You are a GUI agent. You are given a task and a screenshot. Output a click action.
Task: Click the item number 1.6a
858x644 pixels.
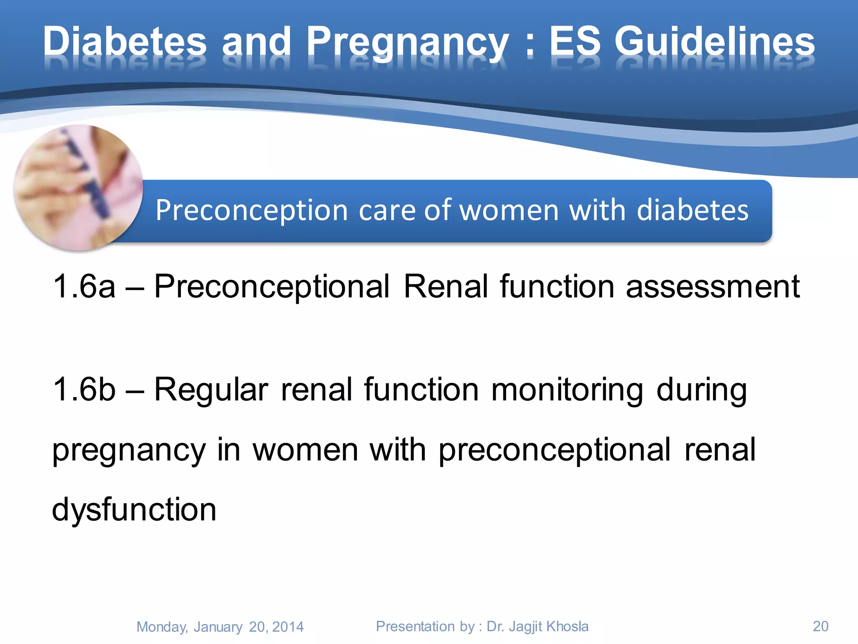84,286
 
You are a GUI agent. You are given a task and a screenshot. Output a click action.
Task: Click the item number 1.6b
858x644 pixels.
84,390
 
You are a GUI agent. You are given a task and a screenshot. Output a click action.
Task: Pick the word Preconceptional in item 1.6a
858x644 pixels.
271,287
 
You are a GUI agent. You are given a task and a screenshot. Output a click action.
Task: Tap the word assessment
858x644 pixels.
712,287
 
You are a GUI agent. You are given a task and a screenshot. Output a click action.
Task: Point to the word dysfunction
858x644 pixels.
134,510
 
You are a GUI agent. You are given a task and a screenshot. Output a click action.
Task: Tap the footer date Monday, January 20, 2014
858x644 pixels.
220,627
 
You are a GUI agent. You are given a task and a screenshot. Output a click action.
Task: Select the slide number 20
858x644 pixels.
820,626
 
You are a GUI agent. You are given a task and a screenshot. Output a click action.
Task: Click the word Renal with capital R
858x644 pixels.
445,286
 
